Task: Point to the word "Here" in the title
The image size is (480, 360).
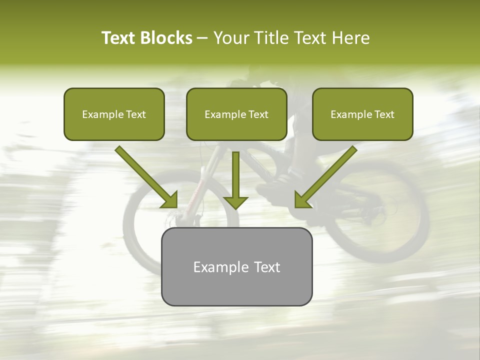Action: (352, 38)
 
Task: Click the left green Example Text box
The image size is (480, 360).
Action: (114, 114)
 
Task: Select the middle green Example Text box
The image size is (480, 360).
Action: (236, 114)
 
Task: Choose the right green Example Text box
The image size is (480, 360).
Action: (362, 114)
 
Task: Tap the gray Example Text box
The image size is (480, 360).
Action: (236, 266)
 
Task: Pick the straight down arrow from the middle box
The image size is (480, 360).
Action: (235, 175)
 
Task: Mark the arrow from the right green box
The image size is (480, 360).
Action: (327, 175)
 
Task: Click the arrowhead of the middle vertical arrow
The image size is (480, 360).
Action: (235, 202)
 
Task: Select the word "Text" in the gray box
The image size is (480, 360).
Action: (267, 267)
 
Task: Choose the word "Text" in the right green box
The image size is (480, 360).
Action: (384, 114)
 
